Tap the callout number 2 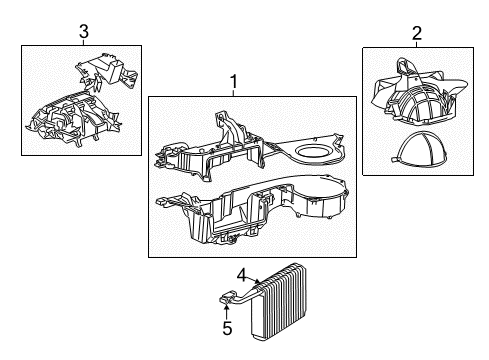(x=416, y=34)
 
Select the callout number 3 (x=83, y=34)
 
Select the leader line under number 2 (x=416, y=43)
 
